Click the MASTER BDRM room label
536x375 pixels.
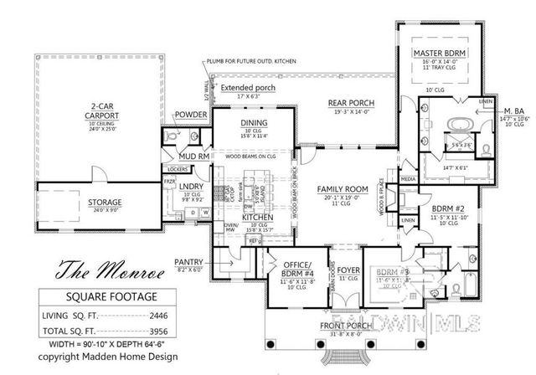coord(439,53)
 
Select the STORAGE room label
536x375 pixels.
coord(106,203)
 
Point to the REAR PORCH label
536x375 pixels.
coord(350,104)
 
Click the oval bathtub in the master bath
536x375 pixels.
coord(457,126)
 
